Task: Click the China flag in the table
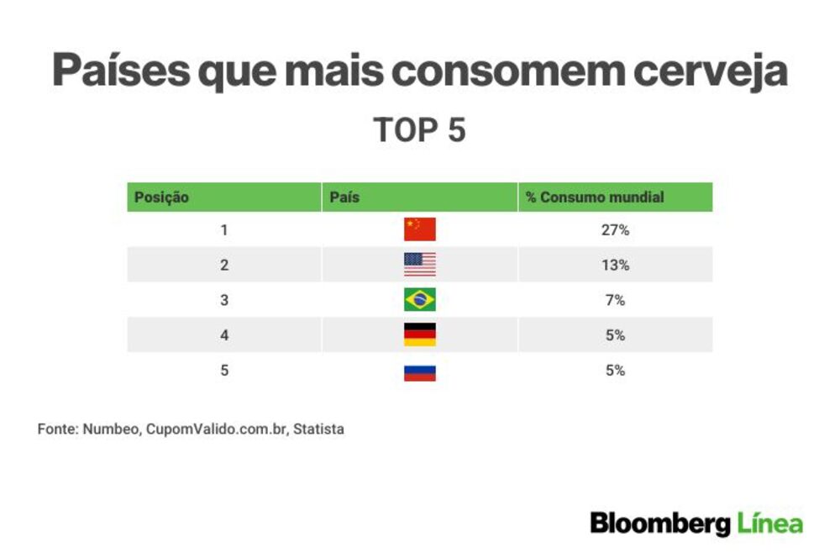point(419,229)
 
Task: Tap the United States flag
point(419,264)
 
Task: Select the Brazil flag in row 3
point(419,300)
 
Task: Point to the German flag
point(419,334)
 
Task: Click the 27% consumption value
point(615,230)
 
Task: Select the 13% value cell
point(615,265)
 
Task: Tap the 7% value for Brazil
point(615,300)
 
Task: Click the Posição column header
point(161,197)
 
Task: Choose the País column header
point(344,197)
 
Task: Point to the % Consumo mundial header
point(595,197)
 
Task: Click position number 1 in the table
point(224,230)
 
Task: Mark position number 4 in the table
point(224,335)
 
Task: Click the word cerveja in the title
point(711,71)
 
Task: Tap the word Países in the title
point(121,71)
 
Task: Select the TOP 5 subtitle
point(419,129)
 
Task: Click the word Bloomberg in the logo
point(660,524)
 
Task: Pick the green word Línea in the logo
point(769,522)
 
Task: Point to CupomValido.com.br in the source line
point(216,429)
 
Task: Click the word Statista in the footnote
point(318,429)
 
